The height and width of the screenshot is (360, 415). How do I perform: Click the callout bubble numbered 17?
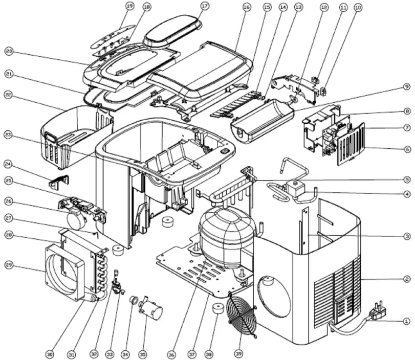point(205,6)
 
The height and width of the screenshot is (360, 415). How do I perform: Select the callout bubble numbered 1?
point(407,321)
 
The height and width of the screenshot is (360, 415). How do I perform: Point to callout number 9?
point(407,86)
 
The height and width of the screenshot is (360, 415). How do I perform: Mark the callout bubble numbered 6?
point(407,149)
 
